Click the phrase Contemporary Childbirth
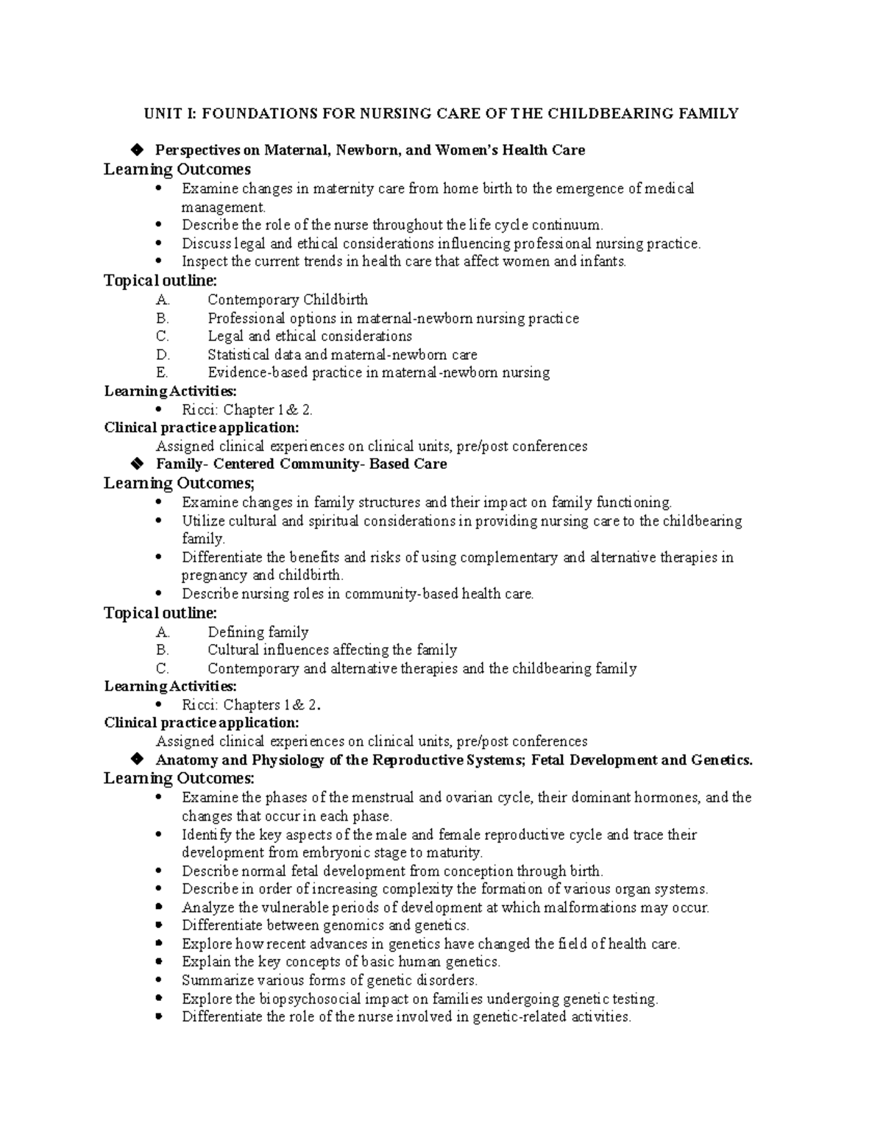point(288,300)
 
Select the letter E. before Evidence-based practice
point(163,372)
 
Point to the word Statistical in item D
point(238,355)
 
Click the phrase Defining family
point(258,632)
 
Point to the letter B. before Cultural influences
point(163,651)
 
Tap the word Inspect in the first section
point(205,262)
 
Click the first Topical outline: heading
point(160,280)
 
